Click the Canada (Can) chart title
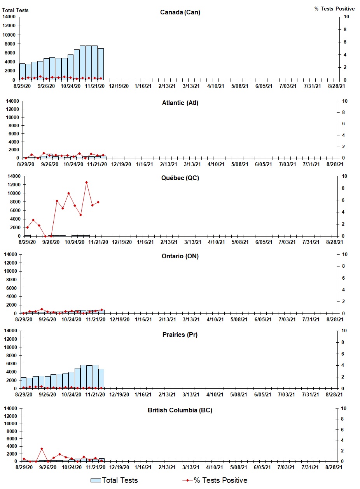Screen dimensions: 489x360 pos(180,12)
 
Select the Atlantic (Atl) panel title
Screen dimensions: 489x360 pos(180,103)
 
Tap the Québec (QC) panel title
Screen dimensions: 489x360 pos(180,178)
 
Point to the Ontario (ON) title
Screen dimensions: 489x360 pos(180,256)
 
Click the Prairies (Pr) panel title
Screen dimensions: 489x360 pos(180,335)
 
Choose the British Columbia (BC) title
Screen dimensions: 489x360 pos(180,410)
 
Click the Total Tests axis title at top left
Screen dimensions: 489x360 pos(15,10)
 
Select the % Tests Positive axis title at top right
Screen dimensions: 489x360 pos(334,9)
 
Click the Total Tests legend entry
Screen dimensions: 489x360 pos(114,480)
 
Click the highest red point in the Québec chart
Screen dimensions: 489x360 pos(86,182)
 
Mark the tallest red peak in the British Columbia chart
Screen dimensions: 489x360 pos(42,449)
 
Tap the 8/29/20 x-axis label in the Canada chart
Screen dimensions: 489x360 pos(23,86)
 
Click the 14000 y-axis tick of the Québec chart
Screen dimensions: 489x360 pos(13,176)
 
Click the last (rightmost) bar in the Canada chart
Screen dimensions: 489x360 pos(101,64)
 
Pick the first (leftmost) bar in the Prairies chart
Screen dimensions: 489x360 pos(24,383)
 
